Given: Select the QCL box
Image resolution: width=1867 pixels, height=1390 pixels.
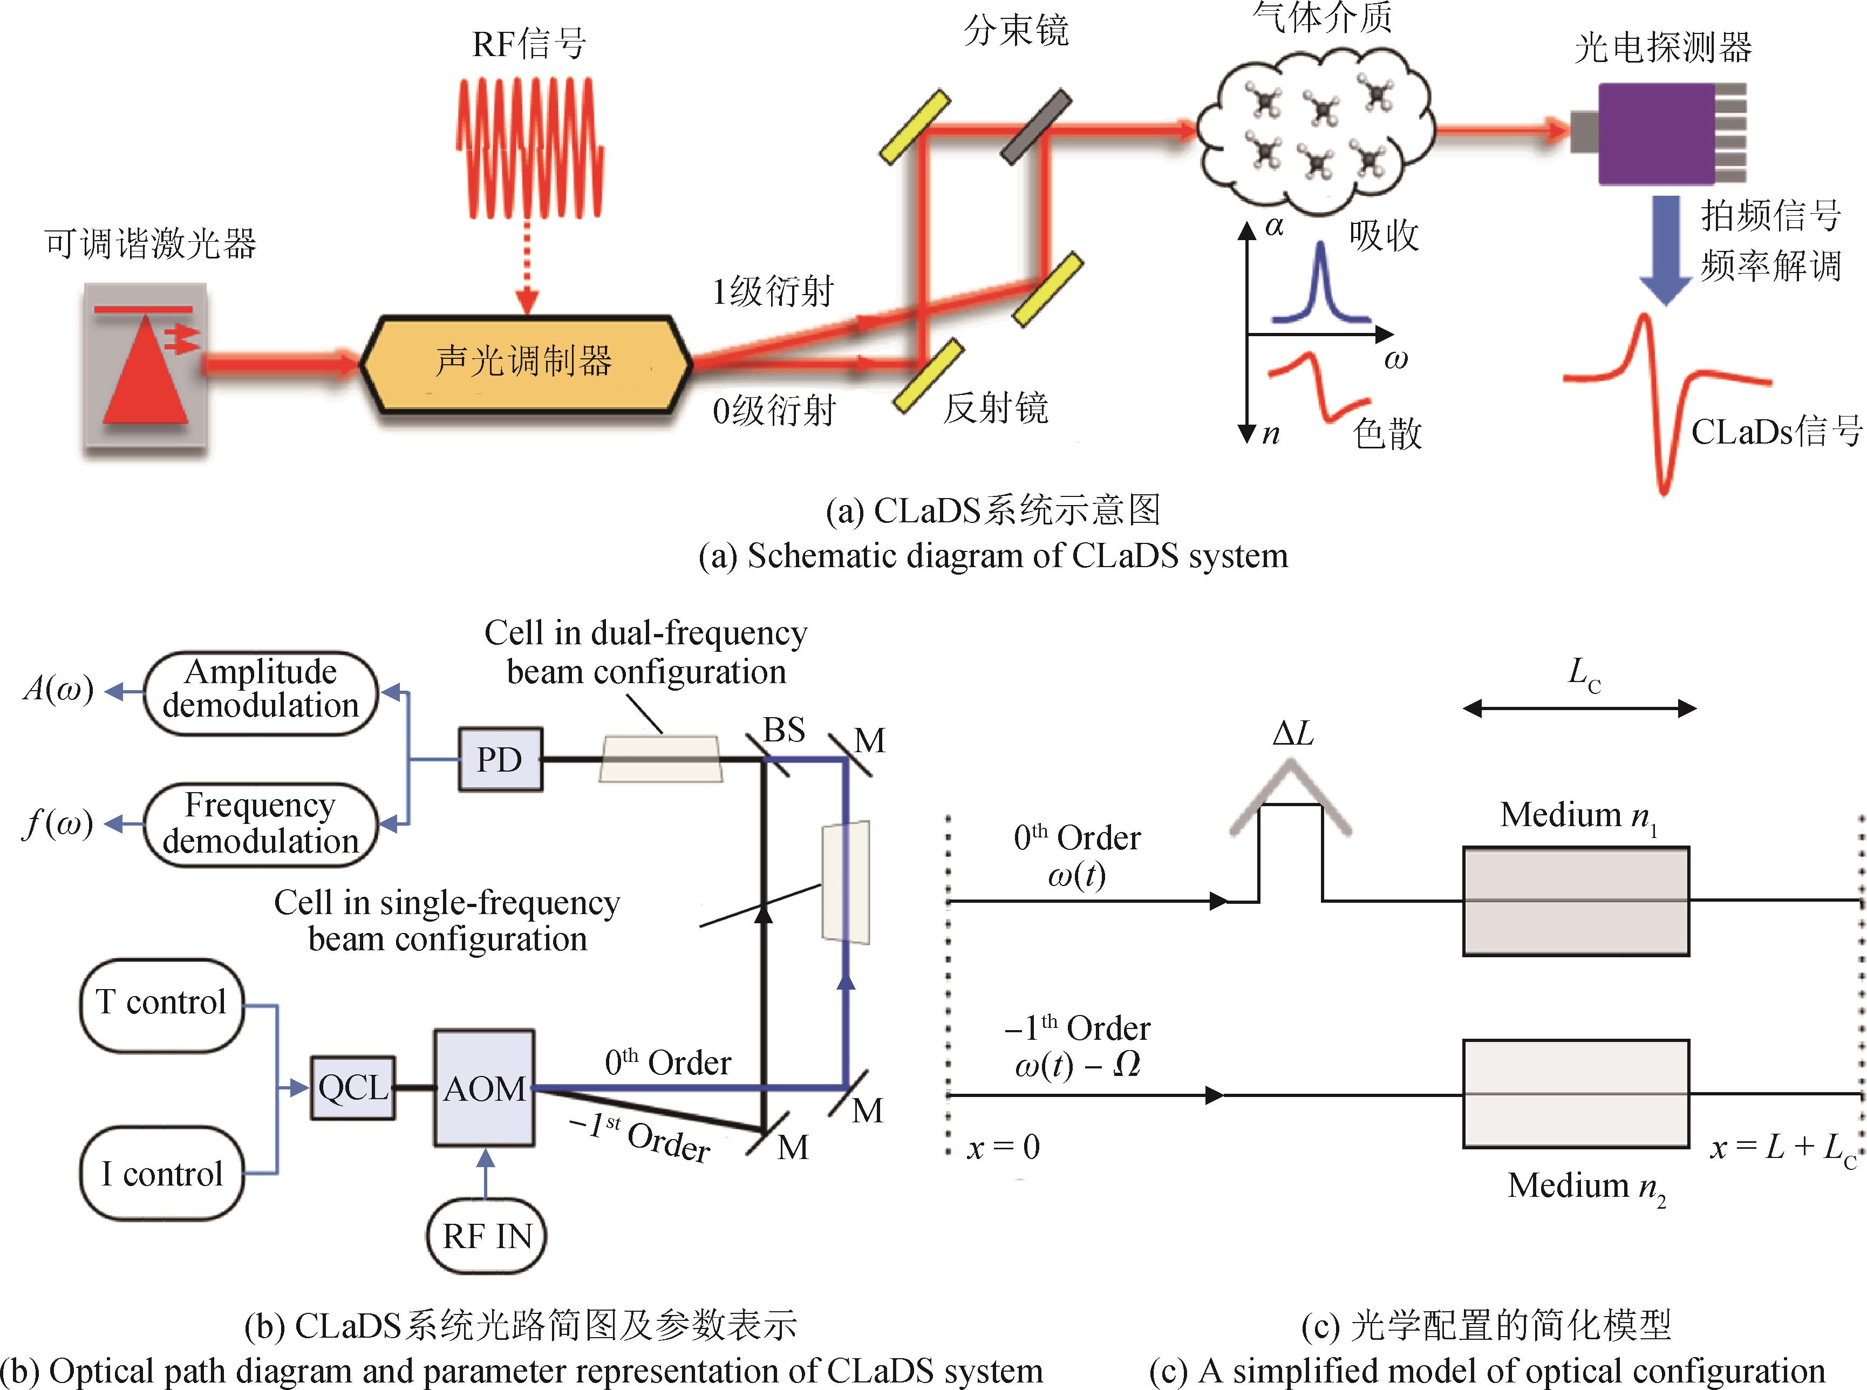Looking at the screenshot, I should click(x=352, y=1088).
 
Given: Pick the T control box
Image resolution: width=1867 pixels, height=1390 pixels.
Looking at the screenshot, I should click(x=161, y=1004).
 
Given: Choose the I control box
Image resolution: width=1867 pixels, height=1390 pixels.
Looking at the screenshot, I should click(x=161, y=1174).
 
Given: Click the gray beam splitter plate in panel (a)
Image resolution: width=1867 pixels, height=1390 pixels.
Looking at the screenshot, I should click(x=1035, y=127).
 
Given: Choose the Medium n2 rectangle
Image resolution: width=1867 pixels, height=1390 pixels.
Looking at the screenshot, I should click(x=1576, y=1094).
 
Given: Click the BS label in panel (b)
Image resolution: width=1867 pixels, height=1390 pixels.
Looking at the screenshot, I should click(x=783, y=730).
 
